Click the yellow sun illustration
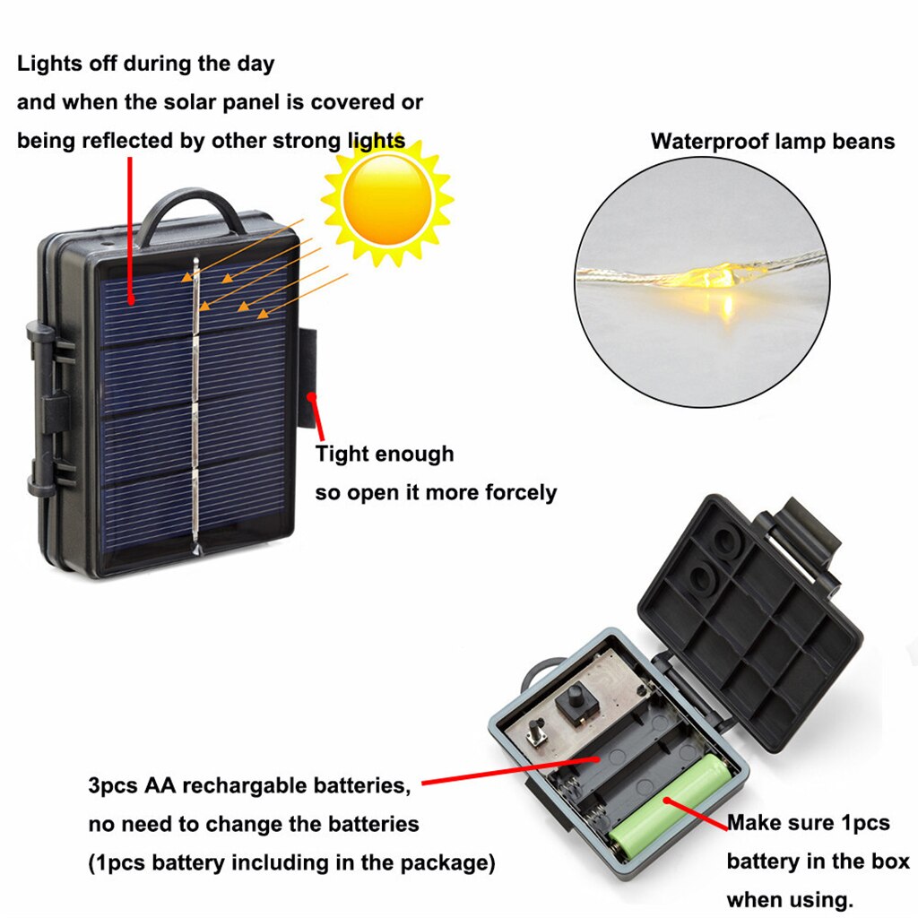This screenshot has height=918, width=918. (387, 201)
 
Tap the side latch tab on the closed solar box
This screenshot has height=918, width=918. (307, 377)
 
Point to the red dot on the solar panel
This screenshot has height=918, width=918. (132, 300)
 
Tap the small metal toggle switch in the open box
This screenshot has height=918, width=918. (536, 732)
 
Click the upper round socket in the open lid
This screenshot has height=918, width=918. (726, 541)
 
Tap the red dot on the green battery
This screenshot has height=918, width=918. (667, 801)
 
